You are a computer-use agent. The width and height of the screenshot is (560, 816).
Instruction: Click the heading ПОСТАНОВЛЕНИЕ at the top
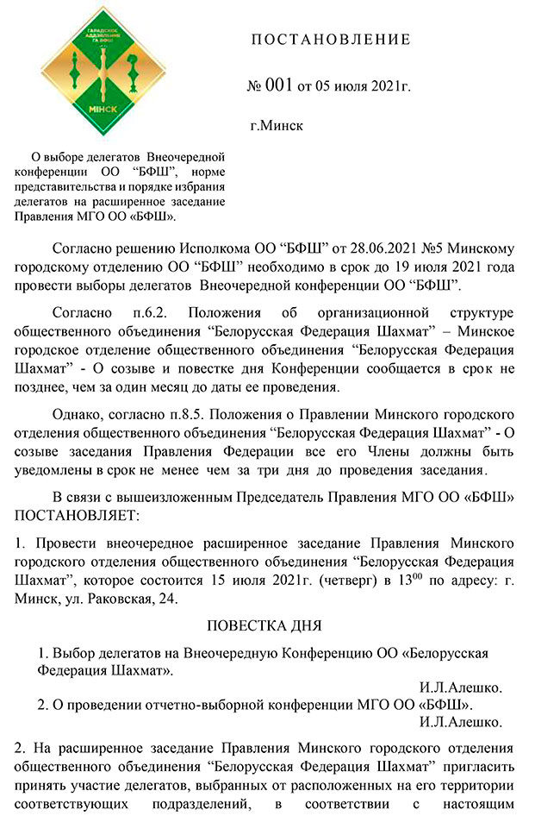point(331,41)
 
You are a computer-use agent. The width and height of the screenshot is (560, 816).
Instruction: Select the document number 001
point(280,86)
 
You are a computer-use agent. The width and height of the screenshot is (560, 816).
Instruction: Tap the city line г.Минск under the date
point(276,126)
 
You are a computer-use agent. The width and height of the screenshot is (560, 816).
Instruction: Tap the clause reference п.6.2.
point(156,311)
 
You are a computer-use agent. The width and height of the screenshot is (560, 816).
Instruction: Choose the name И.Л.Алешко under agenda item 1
point(461,687)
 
